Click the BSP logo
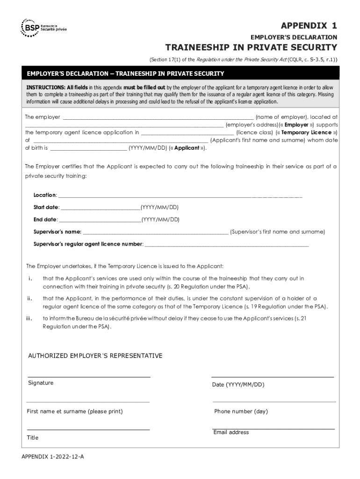[43, 28]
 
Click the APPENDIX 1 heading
[308, 25]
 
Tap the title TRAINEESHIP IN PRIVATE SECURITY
[251, 47]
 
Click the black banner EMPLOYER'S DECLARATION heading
[125, 74]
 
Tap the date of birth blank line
[88, 149]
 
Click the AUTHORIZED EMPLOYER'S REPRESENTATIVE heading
[95, 356]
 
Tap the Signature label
[41, 383]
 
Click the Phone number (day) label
[241, 412]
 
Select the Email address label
[231, 433]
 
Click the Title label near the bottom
[33, 438]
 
